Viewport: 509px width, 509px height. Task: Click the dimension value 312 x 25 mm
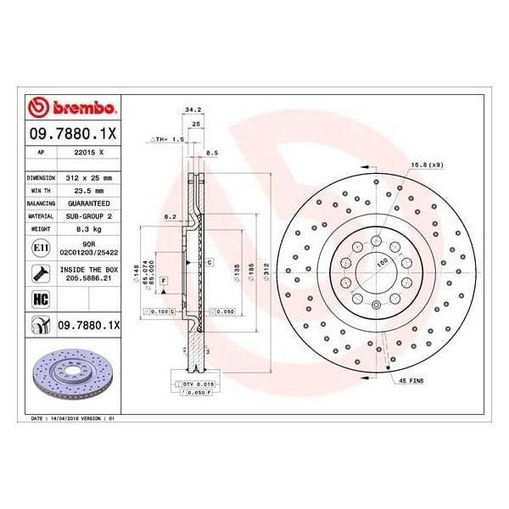pyautogui.click(x=93, y=179)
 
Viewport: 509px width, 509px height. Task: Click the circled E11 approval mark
pyautogui.click(x=39, y=248)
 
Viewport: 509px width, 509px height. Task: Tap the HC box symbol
pyautogui.click(x=39, y=298)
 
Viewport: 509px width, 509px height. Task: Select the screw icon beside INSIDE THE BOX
pyautogui.click(x=39, y=273)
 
